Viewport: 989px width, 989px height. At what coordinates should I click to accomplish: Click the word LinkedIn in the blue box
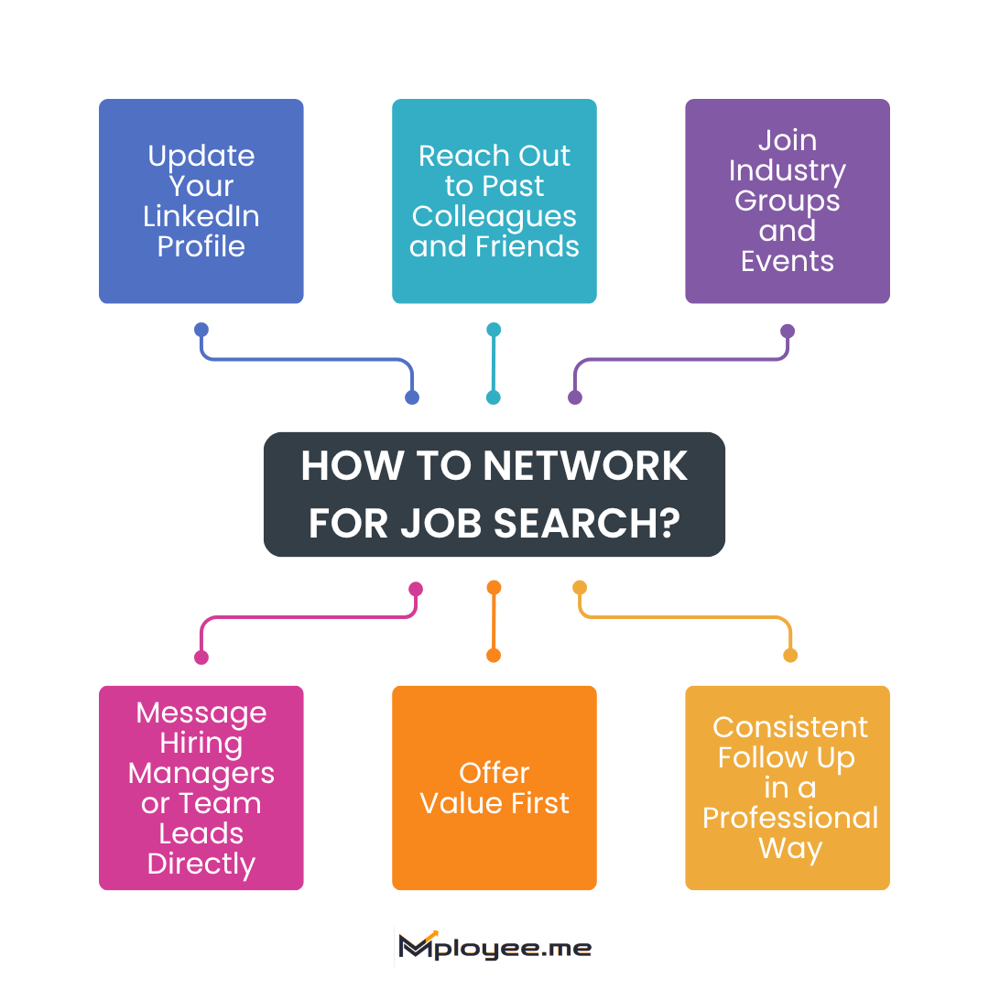[201, 216]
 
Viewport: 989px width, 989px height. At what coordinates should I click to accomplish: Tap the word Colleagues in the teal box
[494, 216]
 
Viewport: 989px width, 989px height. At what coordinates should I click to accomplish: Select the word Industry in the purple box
[788, 170]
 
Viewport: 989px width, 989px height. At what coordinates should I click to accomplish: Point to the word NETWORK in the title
[585, 466]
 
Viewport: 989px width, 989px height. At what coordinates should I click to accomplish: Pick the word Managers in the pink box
[201, 773]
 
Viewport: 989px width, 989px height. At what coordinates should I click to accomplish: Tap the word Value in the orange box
[459, 803]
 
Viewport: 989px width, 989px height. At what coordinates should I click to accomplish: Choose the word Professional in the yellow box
[790, 818]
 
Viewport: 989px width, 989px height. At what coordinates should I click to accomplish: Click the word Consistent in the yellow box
[790, 727]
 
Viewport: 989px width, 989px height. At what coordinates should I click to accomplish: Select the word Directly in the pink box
[201, 864]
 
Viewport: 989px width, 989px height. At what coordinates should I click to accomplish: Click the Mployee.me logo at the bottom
[494, 948]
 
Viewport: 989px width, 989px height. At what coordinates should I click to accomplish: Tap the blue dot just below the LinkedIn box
[201, 330]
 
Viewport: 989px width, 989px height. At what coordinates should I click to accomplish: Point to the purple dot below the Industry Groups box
[788, 331]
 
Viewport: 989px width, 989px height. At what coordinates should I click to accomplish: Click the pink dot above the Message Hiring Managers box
[201, 657]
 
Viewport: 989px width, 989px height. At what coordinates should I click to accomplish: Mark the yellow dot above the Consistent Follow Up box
[790, 655]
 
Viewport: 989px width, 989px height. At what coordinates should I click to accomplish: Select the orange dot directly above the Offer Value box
[494, 655]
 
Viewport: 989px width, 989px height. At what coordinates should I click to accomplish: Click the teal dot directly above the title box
[494, 397]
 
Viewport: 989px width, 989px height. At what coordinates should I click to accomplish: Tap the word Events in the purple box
[788, 261]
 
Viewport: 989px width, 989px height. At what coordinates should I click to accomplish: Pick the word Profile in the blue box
[201, 246]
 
